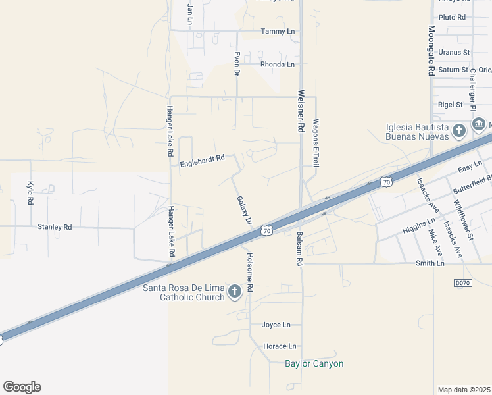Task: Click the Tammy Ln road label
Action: (x=278, y=31)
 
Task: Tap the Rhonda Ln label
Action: (x=277, y=65)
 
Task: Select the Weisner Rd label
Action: (x=301, y=111)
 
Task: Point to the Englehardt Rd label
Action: (x=203, y=158)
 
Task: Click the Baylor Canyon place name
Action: (x=314, y=363)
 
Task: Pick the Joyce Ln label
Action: (x=276, y=325)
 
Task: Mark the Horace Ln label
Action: (x=280, y=346)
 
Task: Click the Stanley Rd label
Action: (x=55, y=227)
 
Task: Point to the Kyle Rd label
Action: (x=30, y=192)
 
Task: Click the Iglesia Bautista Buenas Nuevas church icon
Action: (x=459, y=130)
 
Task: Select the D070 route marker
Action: (x=463, y=283)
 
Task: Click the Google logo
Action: (x=22, y=387)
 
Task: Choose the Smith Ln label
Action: (x=430, y=263)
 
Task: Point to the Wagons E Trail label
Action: (x=316, y=142)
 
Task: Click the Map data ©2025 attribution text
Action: (x=464, y=390)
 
